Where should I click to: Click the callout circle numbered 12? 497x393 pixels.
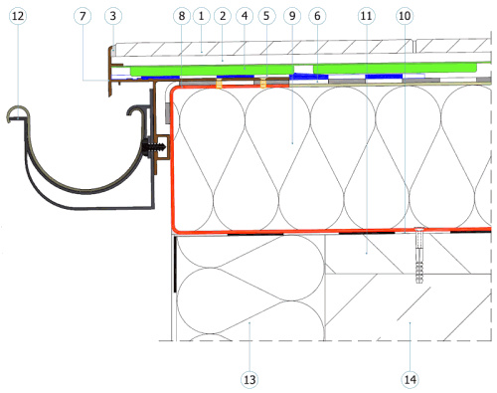click(x=18, y=16)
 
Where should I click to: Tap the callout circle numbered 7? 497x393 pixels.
click(x=83, y=16)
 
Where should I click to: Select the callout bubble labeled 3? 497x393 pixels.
click(x=113, y=16)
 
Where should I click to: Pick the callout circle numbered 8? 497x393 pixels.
click(x=182, y=16)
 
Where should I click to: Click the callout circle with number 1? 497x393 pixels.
click(x=201, y=16)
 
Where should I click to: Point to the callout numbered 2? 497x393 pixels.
click(x=223, y=16)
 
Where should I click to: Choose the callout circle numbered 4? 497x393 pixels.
click(x=245, y=16)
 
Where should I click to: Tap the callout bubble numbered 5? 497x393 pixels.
click(x=266, y=16)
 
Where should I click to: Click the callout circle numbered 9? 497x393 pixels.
click(x=292, y=16)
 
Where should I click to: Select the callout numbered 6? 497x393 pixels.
click(x=317, y=16)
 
